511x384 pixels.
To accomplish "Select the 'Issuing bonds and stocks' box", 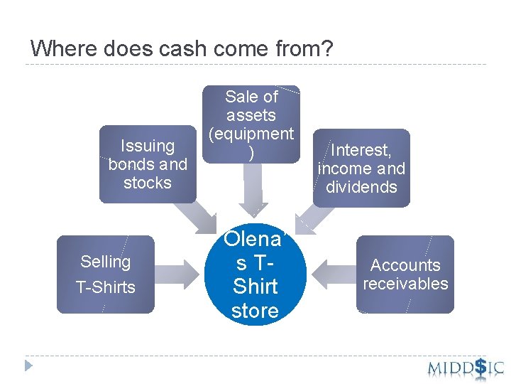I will [148, 164].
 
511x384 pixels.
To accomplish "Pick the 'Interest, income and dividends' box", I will [362, 168].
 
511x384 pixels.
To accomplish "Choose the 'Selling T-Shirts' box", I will [105, 274].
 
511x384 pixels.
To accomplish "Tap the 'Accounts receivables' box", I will [405, 274].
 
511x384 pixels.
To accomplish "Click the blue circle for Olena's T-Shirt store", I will [255, 274].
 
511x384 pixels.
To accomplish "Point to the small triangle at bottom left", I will [28, 366].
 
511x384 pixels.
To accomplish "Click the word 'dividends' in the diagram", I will [362, 187].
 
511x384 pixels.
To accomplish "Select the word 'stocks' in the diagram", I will [148, 183].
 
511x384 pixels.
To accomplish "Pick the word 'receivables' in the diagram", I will [405, 284].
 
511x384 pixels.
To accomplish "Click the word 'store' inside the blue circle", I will [255, 311].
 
